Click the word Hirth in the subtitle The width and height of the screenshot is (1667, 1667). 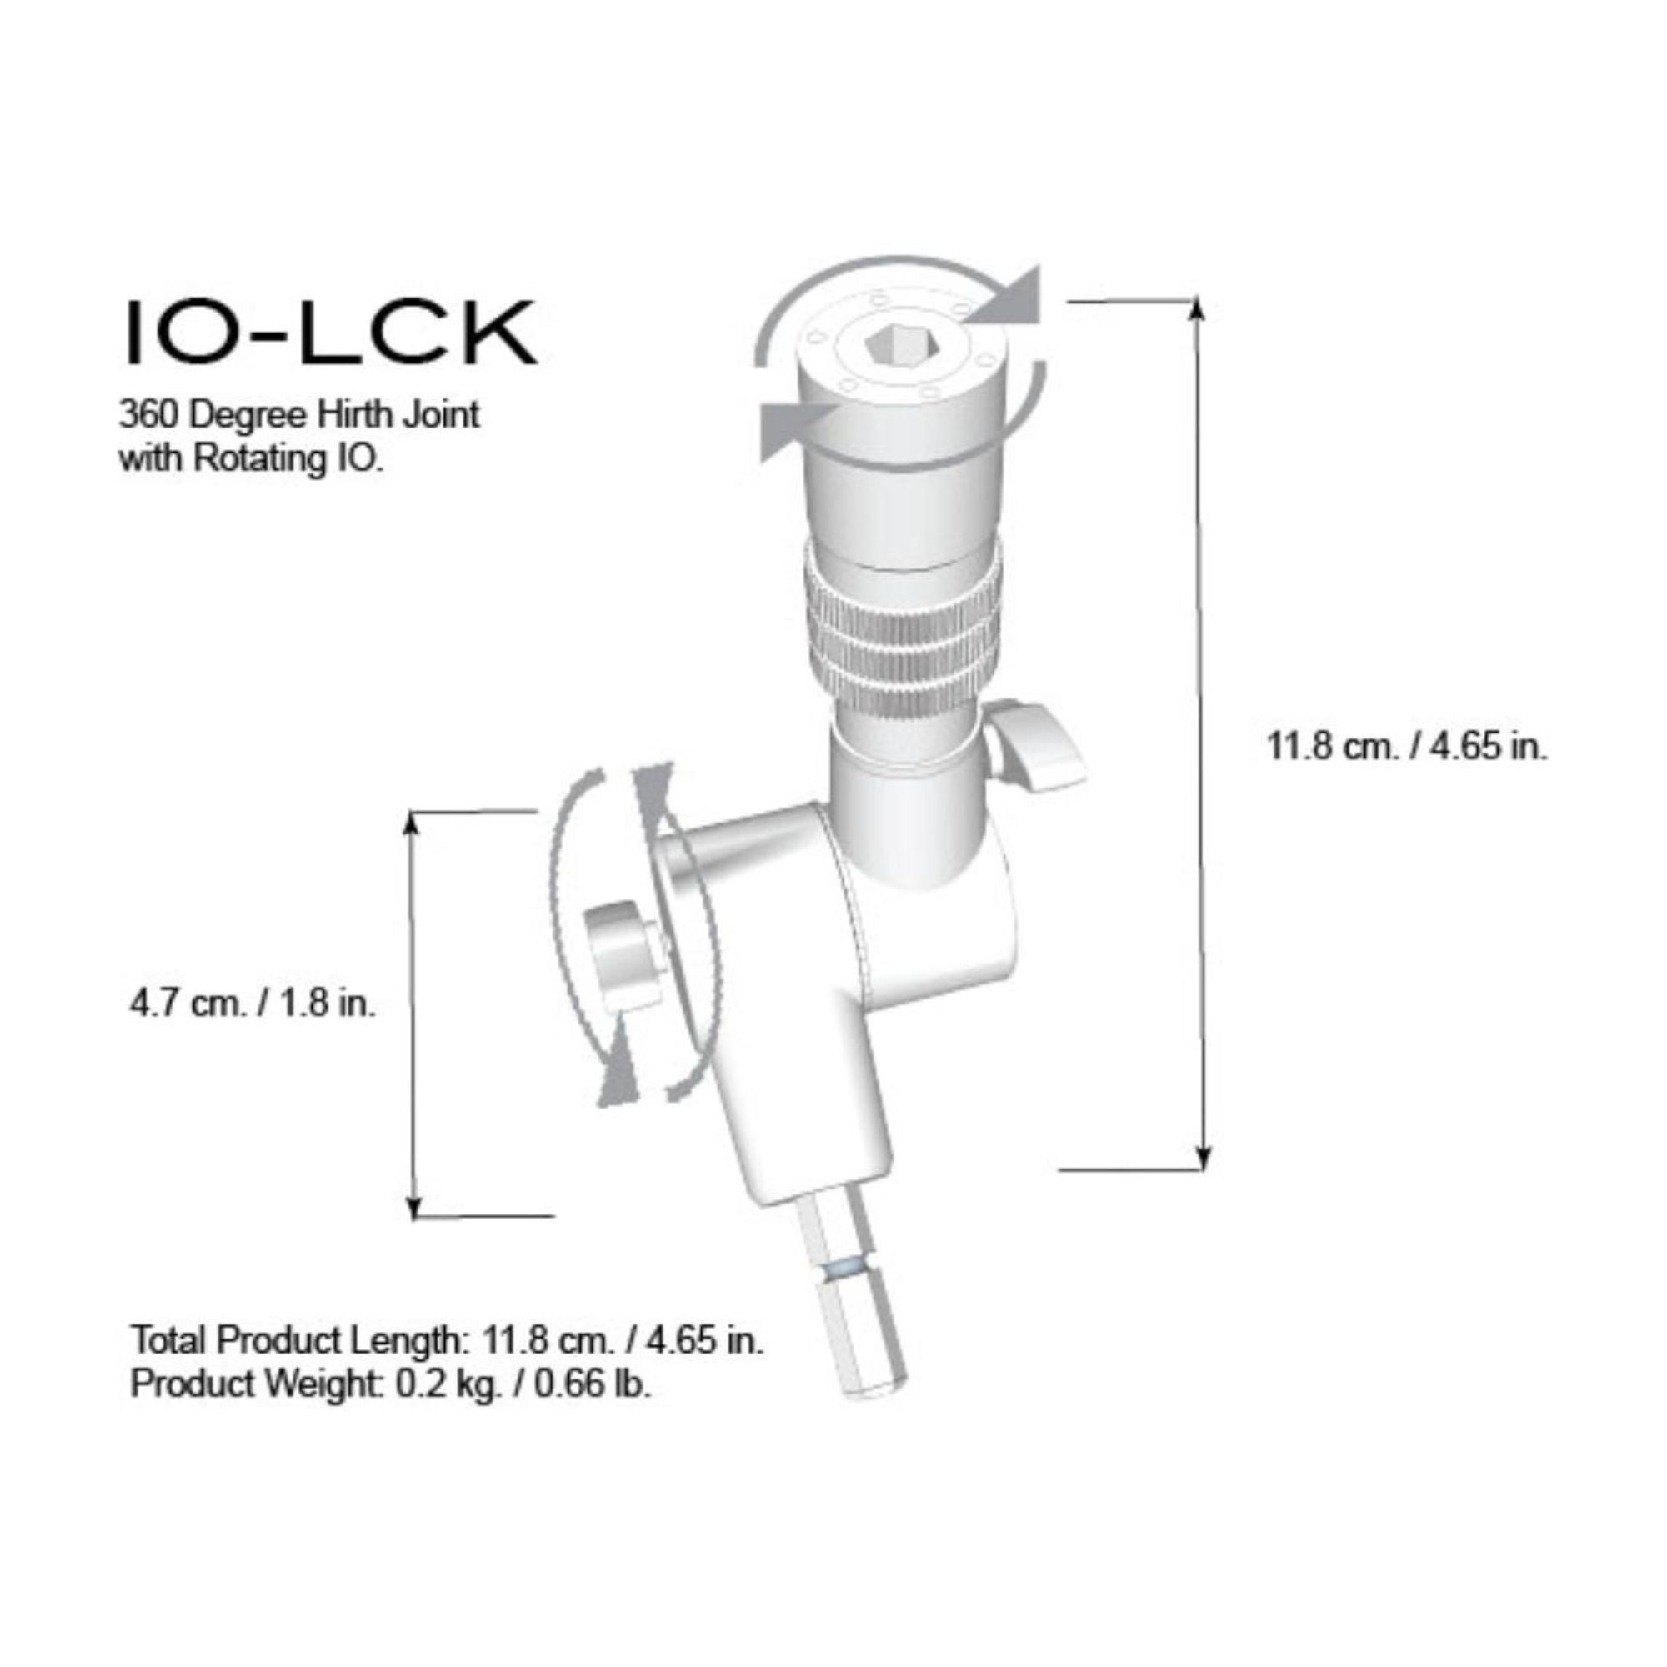349,415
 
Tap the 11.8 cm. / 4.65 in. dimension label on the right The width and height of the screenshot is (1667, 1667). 1406,746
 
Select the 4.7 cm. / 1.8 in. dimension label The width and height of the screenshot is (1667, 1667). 253,1004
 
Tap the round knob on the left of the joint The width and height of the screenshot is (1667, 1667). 619,956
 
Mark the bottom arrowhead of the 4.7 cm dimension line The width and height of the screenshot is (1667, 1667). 415,1208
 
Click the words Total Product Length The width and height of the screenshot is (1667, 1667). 296,1341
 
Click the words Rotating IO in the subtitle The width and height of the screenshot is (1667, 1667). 286,458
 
